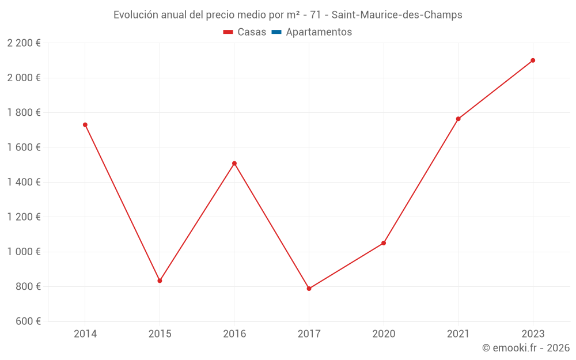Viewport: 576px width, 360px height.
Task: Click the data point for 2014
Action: point(85,124)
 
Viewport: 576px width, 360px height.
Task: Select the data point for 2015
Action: point(160,281)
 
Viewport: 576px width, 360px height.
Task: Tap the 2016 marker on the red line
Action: point(234,163)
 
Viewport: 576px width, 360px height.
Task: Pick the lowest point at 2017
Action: point(309,289)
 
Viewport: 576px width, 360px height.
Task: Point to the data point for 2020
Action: point(384,243)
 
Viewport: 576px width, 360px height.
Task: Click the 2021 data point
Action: point(458,119)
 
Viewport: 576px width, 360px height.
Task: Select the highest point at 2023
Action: point(533,60)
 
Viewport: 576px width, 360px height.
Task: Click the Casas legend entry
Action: point(252,32)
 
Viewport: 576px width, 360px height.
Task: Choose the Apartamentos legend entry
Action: point(319,32)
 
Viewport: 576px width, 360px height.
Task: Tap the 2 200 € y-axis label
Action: point(24,43)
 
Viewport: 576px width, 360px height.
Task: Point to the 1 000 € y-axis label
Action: point(24,252)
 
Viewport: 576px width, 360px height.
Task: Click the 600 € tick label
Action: point(27,321)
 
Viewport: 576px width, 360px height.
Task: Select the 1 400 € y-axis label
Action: point(24,182)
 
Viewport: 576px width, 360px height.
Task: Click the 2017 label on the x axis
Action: point(309,334)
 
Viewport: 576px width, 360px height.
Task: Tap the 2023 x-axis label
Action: point(533,334)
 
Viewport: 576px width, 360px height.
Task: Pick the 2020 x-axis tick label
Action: point(384,334)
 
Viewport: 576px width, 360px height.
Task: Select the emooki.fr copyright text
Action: point(526,348)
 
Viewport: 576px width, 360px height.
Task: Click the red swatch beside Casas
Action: point(228,32)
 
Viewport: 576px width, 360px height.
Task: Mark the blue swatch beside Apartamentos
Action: point(276,32)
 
